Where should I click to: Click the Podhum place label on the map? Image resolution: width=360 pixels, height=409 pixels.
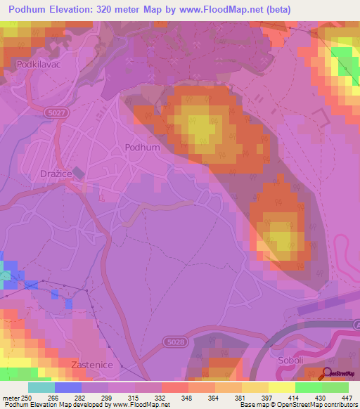point(142,148)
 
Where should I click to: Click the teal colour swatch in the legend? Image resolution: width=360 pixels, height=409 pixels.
point(41,387)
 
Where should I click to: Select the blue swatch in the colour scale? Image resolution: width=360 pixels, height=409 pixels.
point(67,387)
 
